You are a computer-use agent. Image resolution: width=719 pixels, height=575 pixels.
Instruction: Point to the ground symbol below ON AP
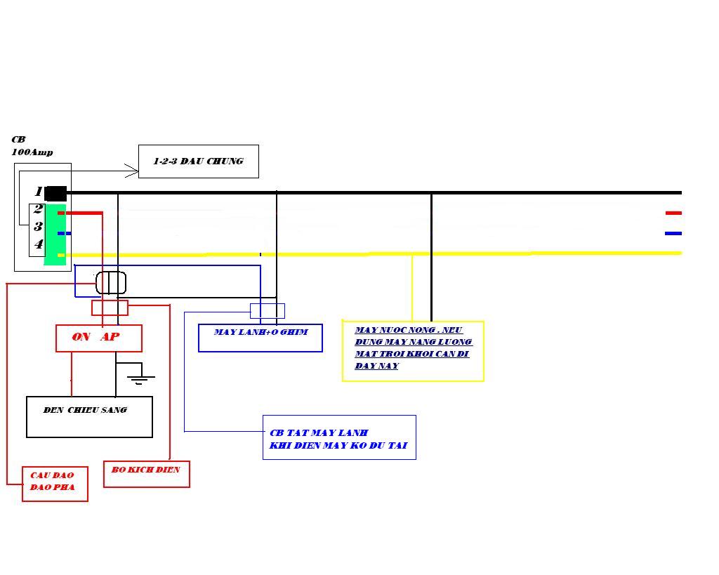pos(140,378)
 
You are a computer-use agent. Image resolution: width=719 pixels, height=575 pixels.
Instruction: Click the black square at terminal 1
pos(56,194)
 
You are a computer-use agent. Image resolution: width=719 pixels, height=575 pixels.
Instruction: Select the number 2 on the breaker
pos(38,209)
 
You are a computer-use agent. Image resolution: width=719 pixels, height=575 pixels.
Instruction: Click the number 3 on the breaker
pos(38,226)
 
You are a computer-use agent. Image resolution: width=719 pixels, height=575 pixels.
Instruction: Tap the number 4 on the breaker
pos(39,244)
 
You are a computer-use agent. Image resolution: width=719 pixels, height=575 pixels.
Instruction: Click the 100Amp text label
pos(32,152)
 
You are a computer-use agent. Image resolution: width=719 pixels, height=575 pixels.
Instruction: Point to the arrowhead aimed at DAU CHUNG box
pos(132,171)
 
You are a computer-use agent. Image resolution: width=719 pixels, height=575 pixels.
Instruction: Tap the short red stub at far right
pos(673,213)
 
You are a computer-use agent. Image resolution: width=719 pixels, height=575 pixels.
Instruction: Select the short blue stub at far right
pos(673,233)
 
